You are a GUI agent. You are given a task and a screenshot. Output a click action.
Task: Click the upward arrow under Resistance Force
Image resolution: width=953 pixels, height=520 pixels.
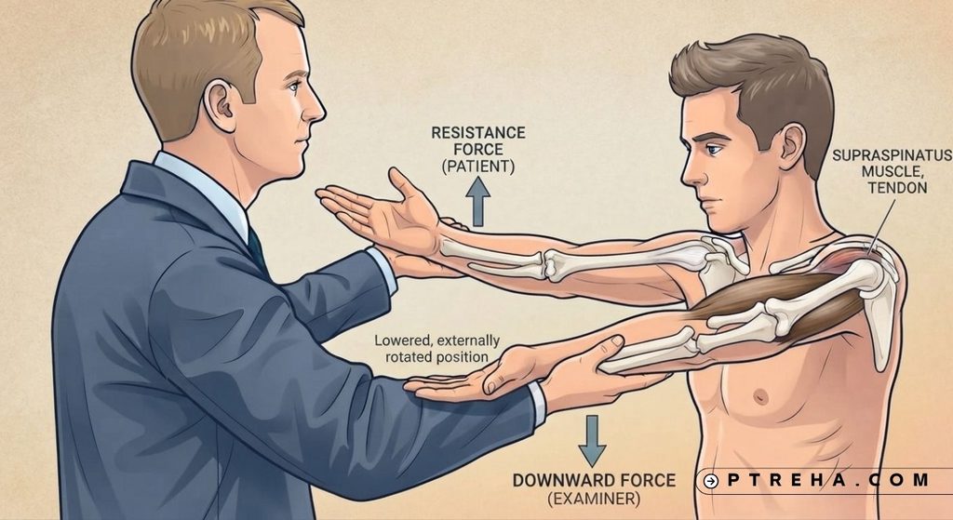pos(478,202)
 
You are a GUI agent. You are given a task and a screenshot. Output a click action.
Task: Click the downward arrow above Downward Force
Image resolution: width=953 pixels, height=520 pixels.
pos(592,440)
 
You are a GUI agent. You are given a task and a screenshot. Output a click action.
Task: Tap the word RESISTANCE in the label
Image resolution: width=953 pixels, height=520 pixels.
pos(478,132)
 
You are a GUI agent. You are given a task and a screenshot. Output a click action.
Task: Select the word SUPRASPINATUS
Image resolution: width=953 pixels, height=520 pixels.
pos(892,155)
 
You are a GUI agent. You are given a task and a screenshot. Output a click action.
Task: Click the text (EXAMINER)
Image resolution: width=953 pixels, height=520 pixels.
pos(594,500)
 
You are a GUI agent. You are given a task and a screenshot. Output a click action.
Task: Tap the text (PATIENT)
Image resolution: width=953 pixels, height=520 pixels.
pos(478,167)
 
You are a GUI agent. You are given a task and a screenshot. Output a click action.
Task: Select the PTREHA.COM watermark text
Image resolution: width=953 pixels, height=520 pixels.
pos(827,480)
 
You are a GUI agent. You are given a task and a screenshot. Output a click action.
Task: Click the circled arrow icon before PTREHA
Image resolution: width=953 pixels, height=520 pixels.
pos(710,481)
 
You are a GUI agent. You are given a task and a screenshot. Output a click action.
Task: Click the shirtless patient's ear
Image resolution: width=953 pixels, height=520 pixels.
pos(792,146)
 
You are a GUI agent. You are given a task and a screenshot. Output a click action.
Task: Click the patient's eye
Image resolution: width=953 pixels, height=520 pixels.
pos(712,149)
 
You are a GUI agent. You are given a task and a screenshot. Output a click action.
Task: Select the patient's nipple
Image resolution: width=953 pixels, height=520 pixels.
pos(759,396)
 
